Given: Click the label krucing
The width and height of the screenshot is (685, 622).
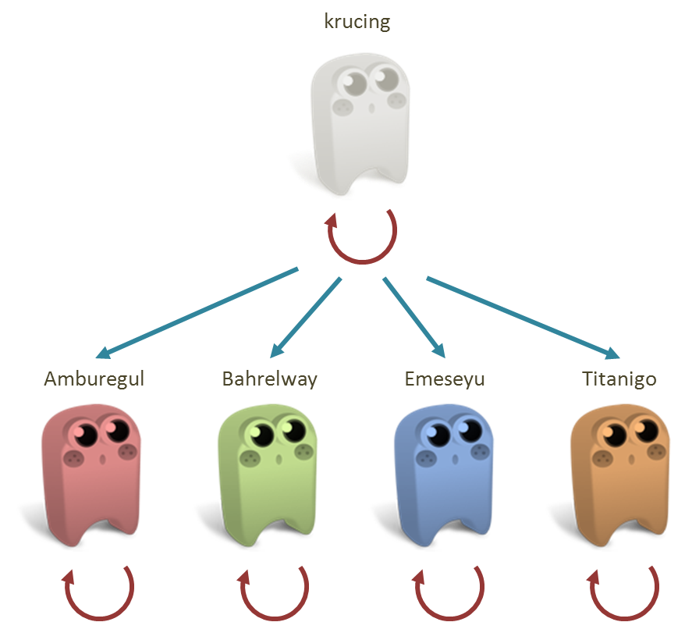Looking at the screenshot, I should click(x=357, y=22).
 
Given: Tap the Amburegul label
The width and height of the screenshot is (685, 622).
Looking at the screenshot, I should click(x=94, y=379).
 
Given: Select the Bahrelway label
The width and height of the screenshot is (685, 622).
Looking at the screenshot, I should click(x=270, y=379).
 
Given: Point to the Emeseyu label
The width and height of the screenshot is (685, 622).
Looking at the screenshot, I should click(x=445, y=379).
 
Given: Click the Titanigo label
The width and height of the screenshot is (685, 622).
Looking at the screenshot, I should click(x=619, y=379).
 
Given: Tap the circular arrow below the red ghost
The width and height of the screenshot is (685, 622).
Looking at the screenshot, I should click(x=98, y=592).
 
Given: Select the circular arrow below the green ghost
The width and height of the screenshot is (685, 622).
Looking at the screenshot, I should click(x=274, y=592).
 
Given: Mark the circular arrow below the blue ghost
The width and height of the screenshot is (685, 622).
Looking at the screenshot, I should click(x=449, y=592).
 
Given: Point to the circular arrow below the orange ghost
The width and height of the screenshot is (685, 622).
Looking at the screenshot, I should click(x=623, y=592).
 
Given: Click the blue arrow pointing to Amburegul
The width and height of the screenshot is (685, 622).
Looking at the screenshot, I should click(x=199, y=312).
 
